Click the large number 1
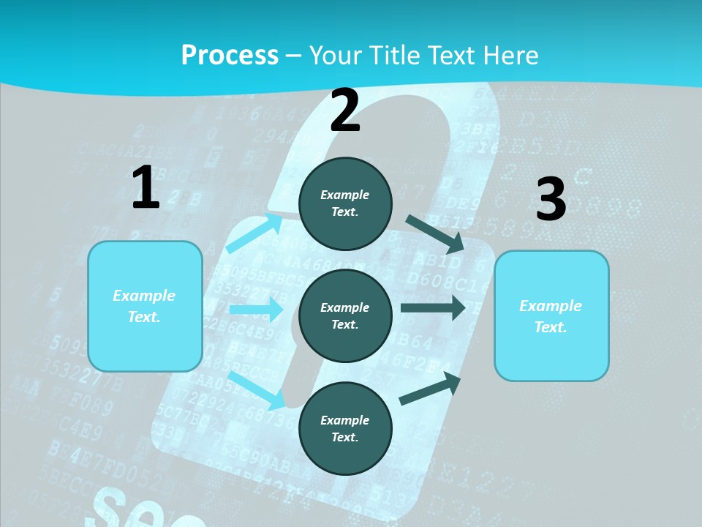146,188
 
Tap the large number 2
345,111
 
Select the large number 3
551,200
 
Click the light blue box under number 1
145,306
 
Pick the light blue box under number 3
551,315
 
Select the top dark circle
345,203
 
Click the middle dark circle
345,315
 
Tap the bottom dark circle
345,428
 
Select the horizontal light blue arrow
256,310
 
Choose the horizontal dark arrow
433,308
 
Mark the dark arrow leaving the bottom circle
430,388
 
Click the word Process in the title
230,55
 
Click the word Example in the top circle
345,195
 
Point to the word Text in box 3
550,327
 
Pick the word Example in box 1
144,296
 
